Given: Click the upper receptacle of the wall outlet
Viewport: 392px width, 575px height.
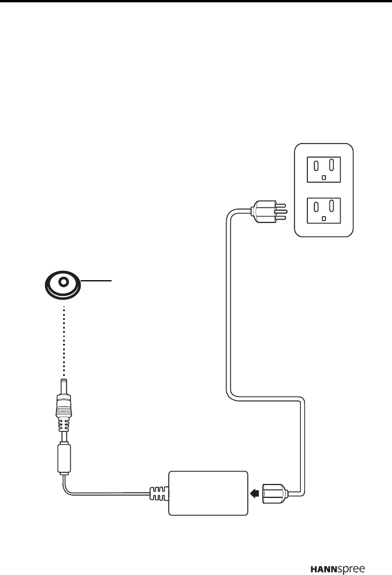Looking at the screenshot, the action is [x=324, y=169].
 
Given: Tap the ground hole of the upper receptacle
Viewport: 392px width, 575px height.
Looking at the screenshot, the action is [x=324, y=177].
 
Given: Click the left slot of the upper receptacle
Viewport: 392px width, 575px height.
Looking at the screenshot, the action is [x=316, y=164].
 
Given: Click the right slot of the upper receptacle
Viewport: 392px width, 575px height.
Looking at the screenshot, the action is [x=331, y=164].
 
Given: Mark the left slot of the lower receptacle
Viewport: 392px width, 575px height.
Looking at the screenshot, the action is [x=316, y=207].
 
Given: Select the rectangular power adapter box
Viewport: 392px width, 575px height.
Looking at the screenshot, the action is [x=208, y=493].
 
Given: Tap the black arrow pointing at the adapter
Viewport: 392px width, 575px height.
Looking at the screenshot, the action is [x=254, y=494].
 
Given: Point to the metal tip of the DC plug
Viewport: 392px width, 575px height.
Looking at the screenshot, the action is [x=64, y=385].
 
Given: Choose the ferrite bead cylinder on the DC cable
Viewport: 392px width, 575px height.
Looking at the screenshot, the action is [x=64, y=457].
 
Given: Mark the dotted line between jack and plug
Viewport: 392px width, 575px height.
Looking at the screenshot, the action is [x=63, y=339].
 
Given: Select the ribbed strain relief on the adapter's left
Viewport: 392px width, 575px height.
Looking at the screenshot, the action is [x=158, y=494].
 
